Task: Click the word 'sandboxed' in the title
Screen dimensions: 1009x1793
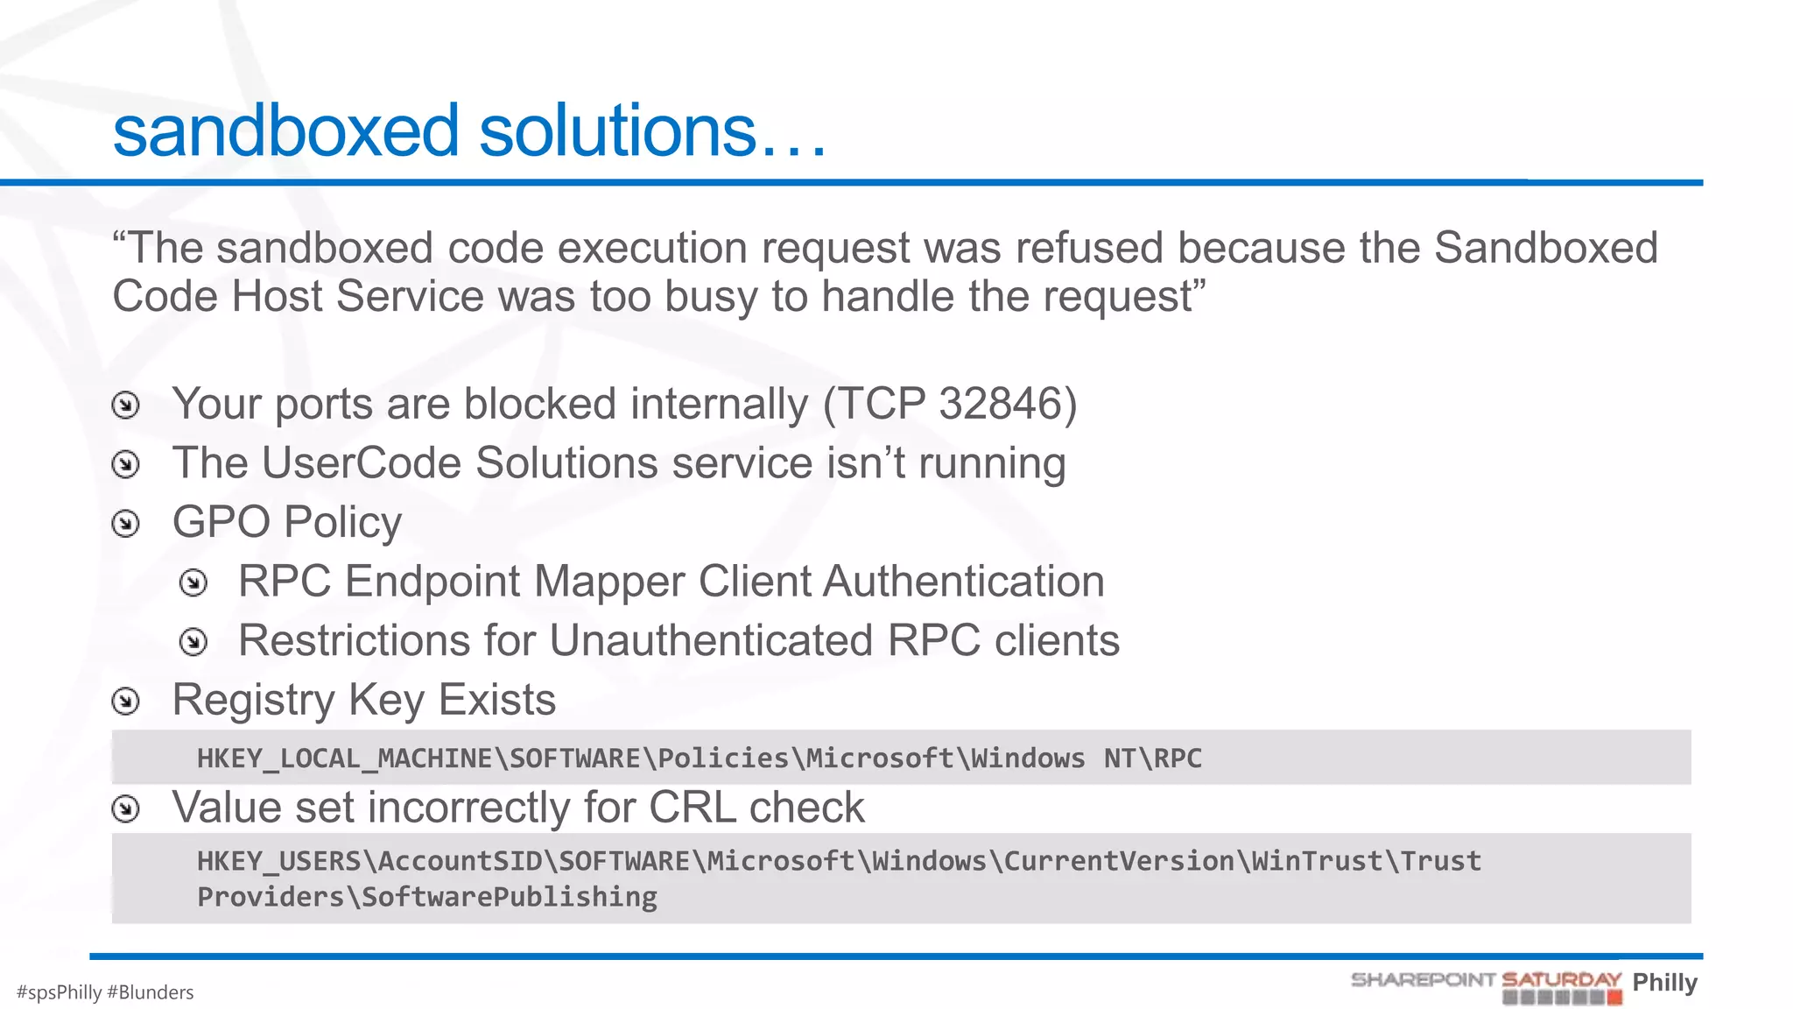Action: (x=285, y=131)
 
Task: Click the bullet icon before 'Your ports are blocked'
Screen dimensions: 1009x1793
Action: (x=126, y=406)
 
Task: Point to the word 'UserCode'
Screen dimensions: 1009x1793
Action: (x=361, y=463)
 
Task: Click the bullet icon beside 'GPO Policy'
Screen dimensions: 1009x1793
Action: (x=126, y=524)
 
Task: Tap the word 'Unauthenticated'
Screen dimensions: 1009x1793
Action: (x=711, y=641)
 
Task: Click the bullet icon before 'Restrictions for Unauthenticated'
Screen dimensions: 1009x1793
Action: (x=193, y=642)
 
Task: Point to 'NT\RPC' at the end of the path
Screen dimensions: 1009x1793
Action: (x=1152, y=759)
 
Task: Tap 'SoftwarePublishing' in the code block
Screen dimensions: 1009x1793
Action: (x=509, y=897)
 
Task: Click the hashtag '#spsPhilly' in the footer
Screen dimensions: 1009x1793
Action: (x=60, y=992)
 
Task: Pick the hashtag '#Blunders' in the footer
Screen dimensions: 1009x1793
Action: (x=150, y=992)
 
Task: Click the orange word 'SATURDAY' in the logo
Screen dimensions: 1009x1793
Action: (x=1561, y=980)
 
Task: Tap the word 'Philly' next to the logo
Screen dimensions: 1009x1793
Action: (x=1664, y=983)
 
